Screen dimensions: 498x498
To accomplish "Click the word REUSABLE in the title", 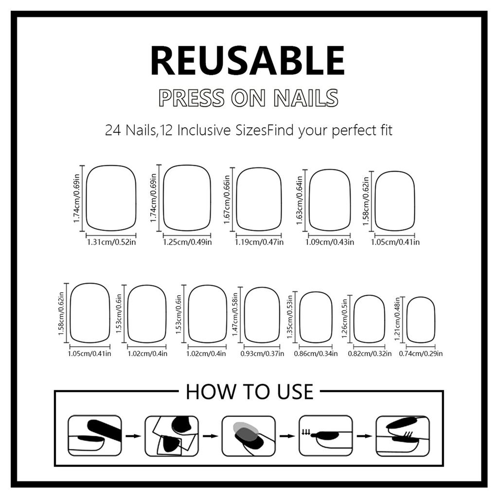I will (248, 60).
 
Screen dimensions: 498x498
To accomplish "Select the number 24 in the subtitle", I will (111, 131).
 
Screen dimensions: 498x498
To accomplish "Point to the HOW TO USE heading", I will (249, 392).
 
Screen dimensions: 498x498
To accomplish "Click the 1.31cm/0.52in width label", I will (111, 242).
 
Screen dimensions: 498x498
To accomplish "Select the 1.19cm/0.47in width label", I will (259, 242).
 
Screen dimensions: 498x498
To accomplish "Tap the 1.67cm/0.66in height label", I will (227, 200).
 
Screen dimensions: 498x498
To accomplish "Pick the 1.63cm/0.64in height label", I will (300, 200).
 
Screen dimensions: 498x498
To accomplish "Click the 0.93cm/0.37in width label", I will (262, 354).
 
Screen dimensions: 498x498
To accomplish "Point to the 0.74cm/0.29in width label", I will (421, 354).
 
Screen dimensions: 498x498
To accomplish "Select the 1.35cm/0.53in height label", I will (291, 318).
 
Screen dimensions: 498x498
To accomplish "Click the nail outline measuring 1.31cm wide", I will (111, 197).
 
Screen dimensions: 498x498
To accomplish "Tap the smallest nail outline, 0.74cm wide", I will (421, 320).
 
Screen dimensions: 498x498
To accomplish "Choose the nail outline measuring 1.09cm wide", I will (330, 200).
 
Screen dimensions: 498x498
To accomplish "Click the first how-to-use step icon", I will (94, 435).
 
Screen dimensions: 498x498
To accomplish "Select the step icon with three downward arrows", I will (325, 435).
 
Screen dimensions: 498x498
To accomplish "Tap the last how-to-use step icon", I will (403, 435).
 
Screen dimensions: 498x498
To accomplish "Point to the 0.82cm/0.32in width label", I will (370, 354).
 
